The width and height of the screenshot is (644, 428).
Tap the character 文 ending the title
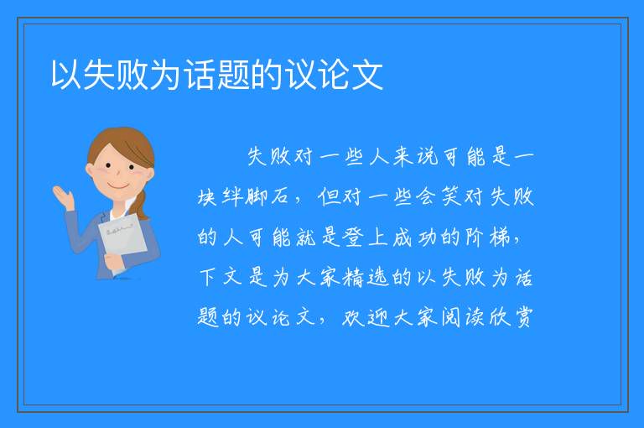(x=366, y=75)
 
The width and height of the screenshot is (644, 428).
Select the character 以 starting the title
(x=66, y=75)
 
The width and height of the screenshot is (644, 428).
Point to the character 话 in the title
(x=200, y=75)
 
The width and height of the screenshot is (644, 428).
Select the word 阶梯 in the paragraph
(x=487, y=237)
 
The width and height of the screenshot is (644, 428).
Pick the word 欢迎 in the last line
(x=365, y=317)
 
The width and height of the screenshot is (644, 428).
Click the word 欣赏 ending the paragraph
(x=511, y=317)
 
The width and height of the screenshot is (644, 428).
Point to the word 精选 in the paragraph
(x=365, y=277)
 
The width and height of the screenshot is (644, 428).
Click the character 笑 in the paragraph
(x=451, y=196)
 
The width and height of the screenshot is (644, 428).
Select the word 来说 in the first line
(x=416, y=156)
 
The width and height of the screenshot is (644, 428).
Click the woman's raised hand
(x=64, y=197)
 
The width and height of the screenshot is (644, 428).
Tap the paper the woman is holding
(x=122, y=242)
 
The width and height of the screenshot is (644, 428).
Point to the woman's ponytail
(x=141, y=204)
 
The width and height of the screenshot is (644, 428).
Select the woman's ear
(x=90, y=170)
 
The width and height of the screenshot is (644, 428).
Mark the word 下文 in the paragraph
(x=221, y=277)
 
